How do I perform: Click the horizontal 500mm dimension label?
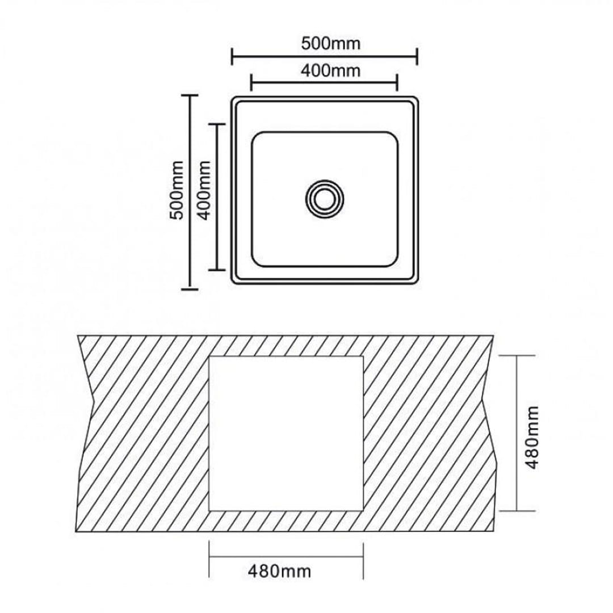pyautogui.click(x=331, y=43)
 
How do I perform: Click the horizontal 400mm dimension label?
pyautogui.click(x=331, y=71)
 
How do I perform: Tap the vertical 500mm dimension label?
pyautogui.click(x=178, y=190)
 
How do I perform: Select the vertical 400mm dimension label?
pyautogui.click(x=205, y=190)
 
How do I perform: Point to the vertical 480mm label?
pyautogui.click(x=532, y=437)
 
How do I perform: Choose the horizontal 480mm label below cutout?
pyautogui.click(x=279, y=572)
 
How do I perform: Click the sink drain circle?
pyautogui.click(x=325, y=198)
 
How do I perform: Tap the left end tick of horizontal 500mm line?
pyautogui.click(x=232, y=57)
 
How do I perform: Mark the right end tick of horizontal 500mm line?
pyautogui.click(x=417, y=57)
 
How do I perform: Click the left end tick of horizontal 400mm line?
pyautogui.click(x=251, y=83)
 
